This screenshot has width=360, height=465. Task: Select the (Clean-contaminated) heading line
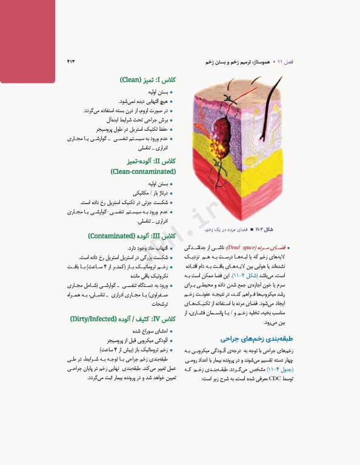(144, 171)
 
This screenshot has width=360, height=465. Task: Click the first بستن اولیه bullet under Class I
(158, 92)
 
